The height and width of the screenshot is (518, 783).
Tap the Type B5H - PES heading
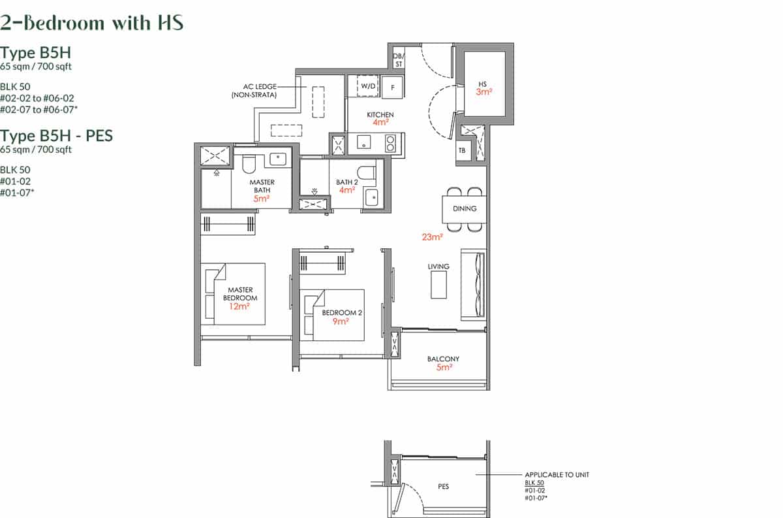click(56, 136)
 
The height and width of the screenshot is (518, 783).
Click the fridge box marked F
click(393, 86)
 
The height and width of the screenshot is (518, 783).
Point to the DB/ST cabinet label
click(398, 60)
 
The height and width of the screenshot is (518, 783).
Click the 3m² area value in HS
click(484, 92)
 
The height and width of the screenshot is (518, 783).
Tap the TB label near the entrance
click(462, 150)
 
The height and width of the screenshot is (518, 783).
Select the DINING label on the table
click(465, 209)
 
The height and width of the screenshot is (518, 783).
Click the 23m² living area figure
click(432, 237)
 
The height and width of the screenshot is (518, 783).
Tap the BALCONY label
click(443, 359)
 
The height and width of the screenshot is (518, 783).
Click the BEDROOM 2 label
click(342, 313)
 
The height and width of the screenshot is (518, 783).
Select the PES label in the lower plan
click(444, 487)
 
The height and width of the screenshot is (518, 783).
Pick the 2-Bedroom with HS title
click(92, 22)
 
